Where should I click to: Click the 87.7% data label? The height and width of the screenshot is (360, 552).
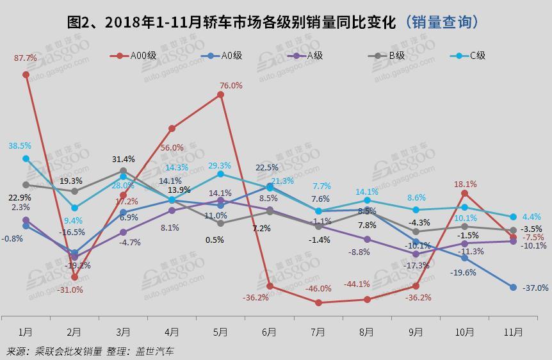tap(26, 58)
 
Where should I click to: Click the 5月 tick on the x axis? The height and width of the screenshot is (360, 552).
tap(220, 332)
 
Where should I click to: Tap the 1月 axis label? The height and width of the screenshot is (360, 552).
tap(26, 332)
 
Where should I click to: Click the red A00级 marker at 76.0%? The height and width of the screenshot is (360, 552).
tap(220, 94)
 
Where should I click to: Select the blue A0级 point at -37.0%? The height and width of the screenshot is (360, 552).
tap(513, 287)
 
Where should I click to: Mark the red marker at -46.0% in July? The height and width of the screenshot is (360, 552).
tap(318, 302)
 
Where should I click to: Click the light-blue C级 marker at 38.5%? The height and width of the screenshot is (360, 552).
tap(26, 158)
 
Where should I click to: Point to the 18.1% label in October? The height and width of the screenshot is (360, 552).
tap(465, 184)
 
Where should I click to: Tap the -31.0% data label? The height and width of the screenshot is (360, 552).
tap(70, 290)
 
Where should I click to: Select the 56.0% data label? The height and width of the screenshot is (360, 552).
tap(172, 147)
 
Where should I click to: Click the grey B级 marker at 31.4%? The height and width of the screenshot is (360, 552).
tap(123, 171)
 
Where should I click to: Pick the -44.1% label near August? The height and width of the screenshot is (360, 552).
tap(357, 284)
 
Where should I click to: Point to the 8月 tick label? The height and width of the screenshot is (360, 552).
tap(367, 332)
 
